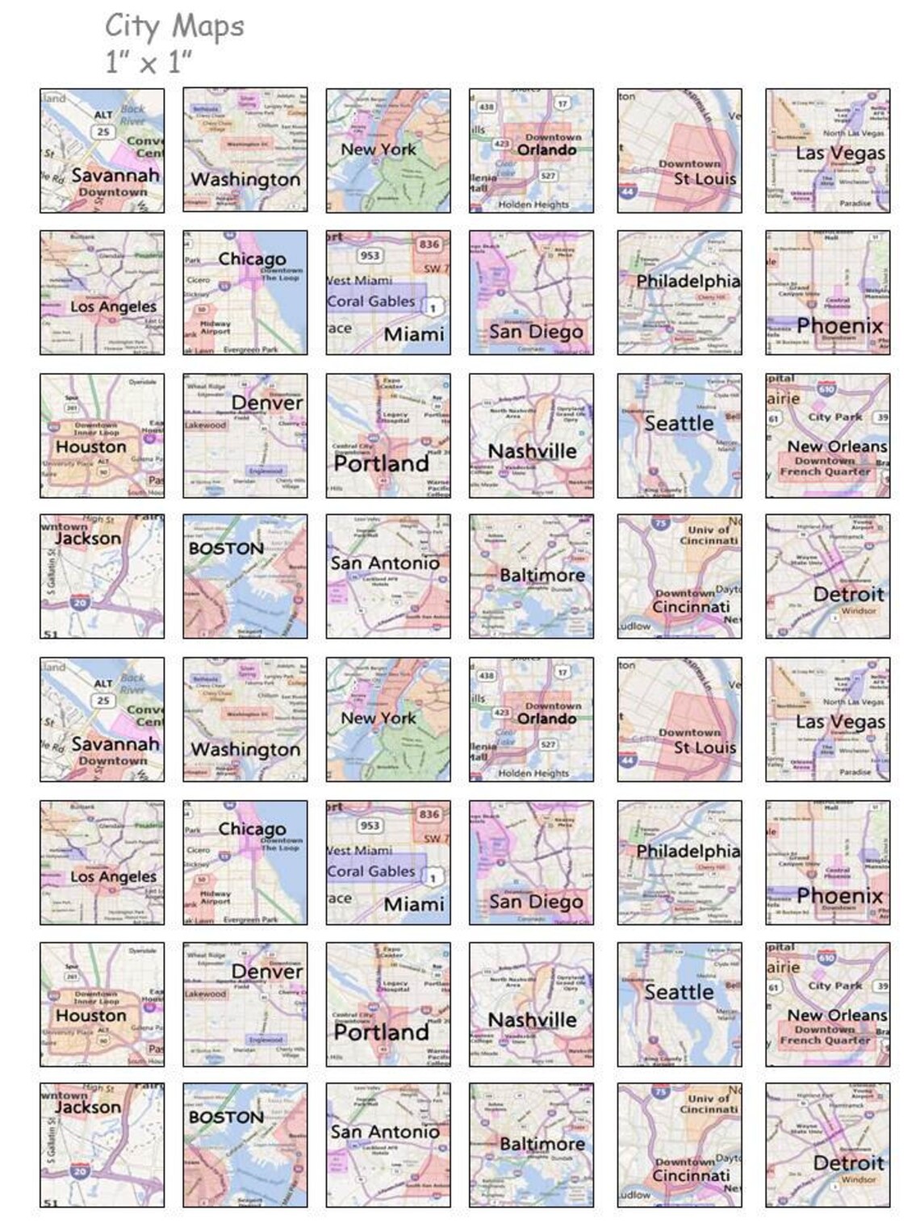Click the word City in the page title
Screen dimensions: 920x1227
tap(132, 27)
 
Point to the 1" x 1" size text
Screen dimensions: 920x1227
tap(148, 61)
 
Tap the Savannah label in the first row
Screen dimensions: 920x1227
tap(115, 174)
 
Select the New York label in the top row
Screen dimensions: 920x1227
tap(378, 149)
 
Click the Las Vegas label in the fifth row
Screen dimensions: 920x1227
tap(840, 722)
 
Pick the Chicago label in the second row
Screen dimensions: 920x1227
tap(252, 259)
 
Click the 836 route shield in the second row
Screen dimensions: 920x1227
tap(429, 245)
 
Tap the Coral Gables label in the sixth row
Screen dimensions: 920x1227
tap(371, 871)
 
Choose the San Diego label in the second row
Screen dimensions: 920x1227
tap(536, 332)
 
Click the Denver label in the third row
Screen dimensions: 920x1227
tap(267, 402)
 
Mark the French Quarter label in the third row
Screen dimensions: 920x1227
tap(825, 471)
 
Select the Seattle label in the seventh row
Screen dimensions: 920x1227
tap(679, 992)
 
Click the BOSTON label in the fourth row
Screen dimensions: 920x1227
tap(226, 549)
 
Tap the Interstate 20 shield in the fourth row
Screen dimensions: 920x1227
tap(79, 602)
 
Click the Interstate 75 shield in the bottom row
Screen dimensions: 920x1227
tap(661, 1092)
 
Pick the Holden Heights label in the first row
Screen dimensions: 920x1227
tap(533, 205)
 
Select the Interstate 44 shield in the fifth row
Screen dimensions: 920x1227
tap(628, 760)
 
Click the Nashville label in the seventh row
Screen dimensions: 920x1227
tap(533, 1020)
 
